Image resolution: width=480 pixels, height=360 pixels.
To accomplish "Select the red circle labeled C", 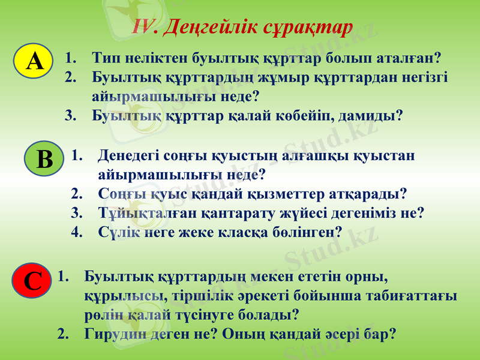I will point(32,281).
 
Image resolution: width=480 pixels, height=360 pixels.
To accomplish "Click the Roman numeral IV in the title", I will point(144,27).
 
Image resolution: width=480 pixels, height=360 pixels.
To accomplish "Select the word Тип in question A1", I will point(106,59).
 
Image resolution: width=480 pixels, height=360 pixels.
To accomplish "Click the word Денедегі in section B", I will point(128,156).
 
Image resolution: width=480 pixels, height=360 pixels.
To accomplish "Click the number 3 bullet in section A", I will point(70,115).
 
